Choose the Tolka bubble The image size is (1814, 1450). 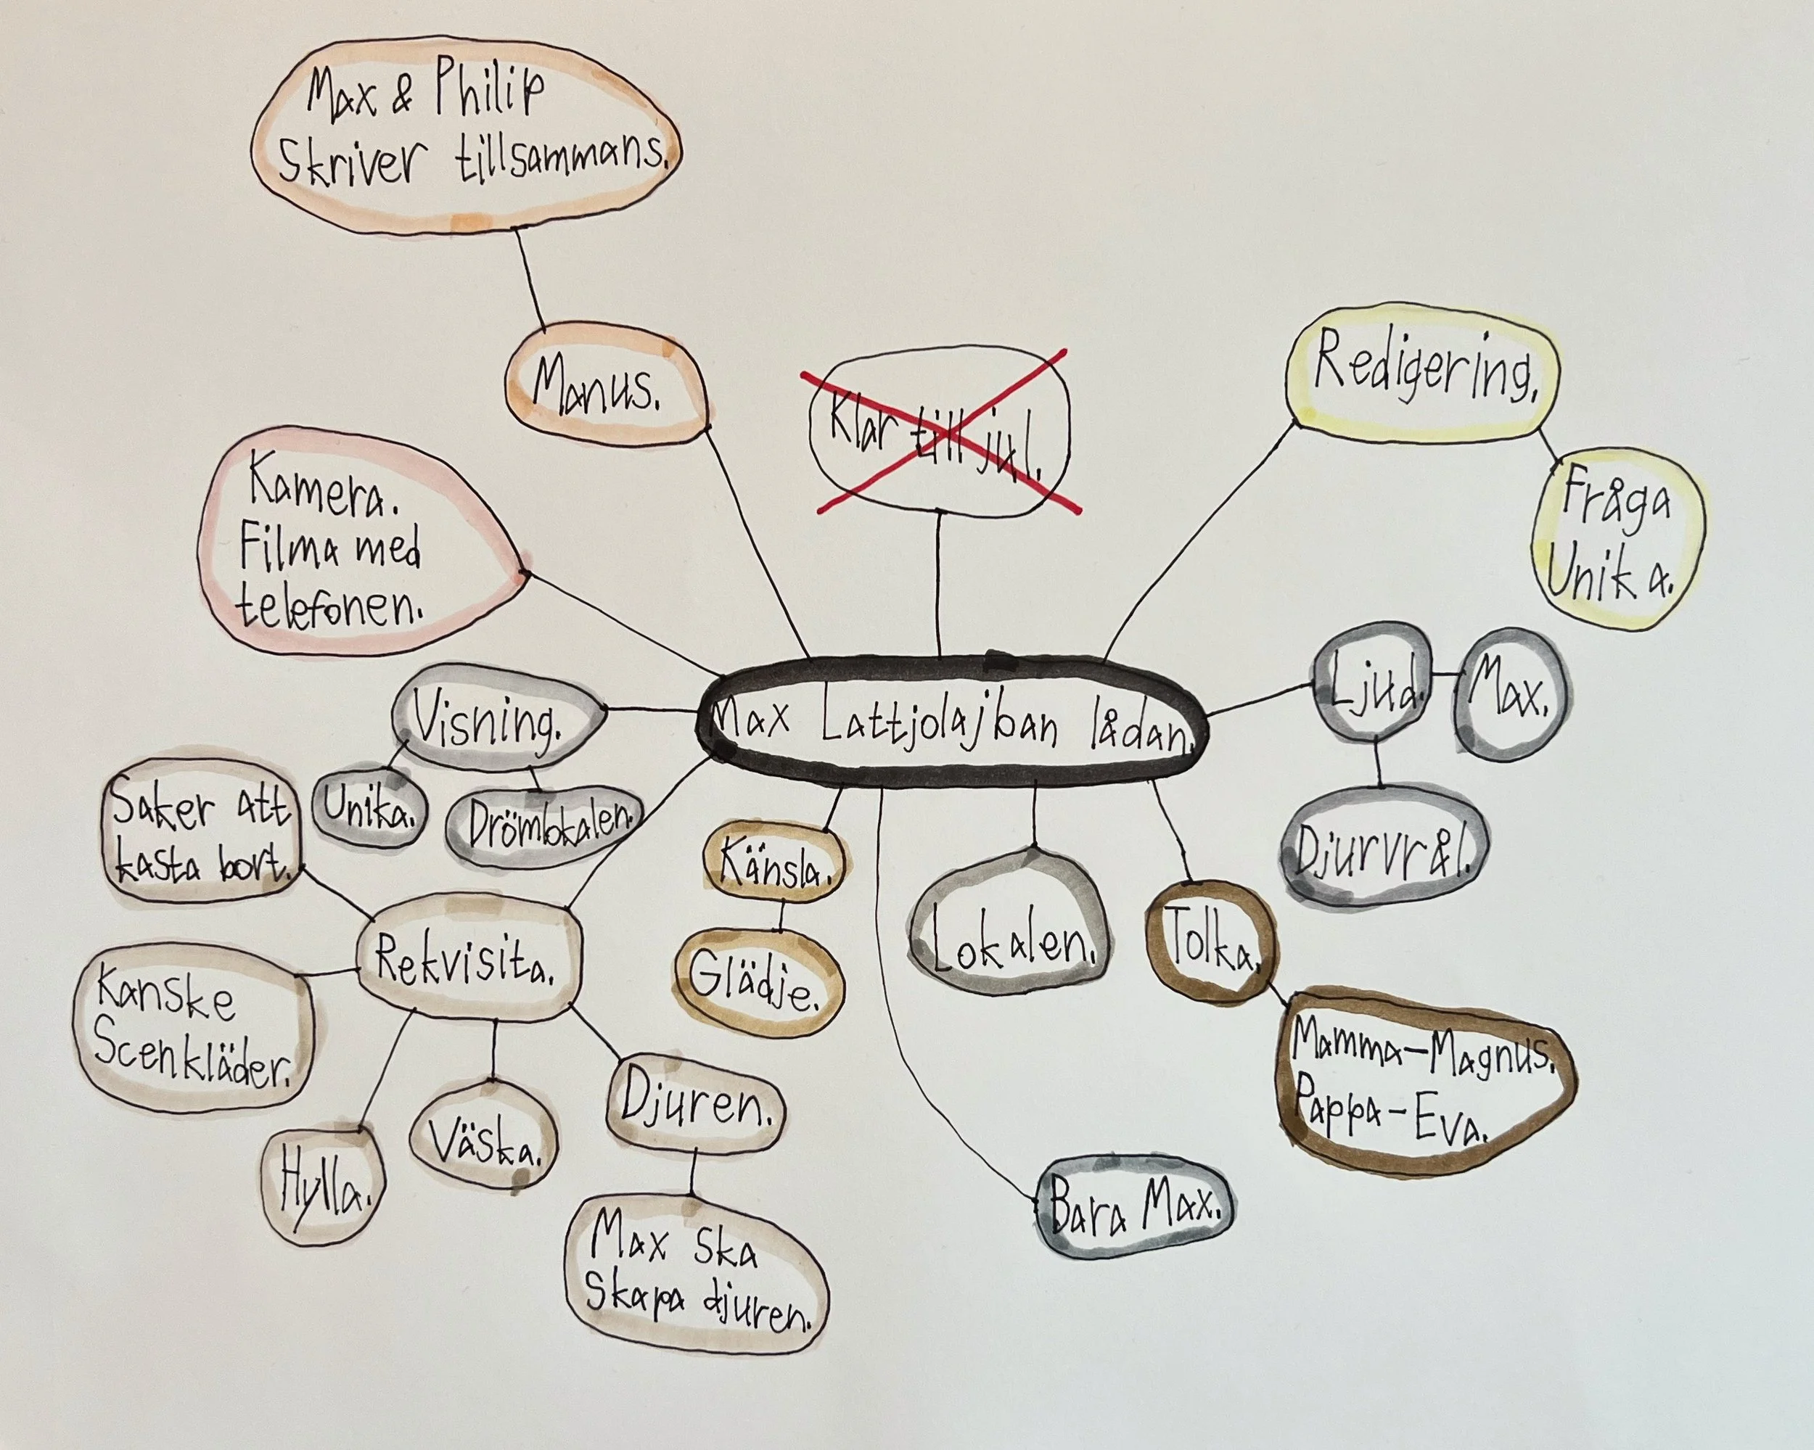click(1211, 943)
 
